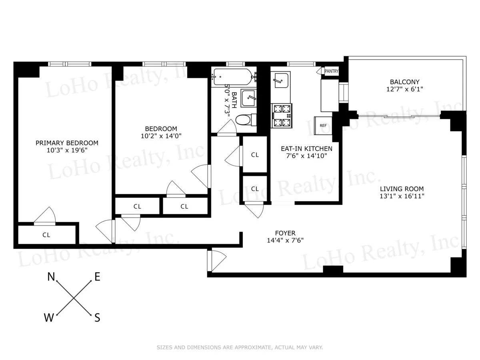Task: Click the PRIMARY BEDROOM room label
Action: point(67,143)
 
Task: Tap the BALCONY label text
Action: point(405,82)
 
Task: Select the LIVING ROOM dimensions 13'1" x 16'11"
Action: point(402,196)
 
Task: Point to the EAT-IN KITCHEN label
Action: point(306,148)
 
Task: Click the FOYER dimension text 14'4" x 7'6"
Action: point(285,240)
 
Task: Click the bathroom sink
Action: point(250,97)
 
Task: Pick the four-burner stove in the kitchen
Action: point(282,116)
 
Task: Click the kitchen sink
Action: point(280,80)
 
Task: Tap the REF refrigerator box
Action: point(323,125)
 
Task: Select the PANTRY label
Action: point(332,72)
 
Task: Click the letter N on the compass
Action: point(51,276)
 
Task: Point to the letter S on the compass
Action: point(97,318)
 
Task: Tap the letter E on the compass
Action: point(97,276)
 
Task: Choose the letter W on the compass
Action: point(49,318)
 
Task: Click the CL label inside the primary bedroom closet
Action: point(46,235)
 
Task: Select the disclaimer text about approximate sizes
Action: point(240,348)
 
